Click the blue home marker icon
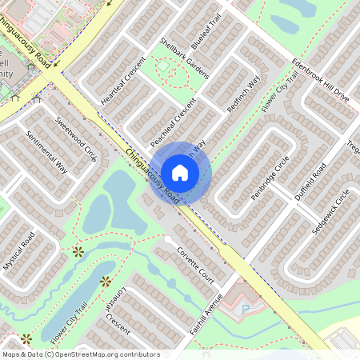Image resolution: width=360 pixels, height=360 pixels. [x=180, y=172]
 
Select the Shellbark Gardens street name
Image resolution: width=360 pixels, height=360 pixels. [x=184, y=58]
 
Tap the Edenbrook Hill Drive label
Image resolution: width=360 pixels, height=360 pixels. [x=320, y=80]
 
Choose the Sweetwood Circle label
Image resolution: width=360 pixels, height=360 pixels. [x=76, y=139]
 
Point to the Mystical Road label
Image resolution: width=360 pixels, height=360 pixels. [x=18, y=250]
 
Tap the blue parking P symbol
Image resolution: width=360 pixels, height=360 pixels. [x=246, y=308]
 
